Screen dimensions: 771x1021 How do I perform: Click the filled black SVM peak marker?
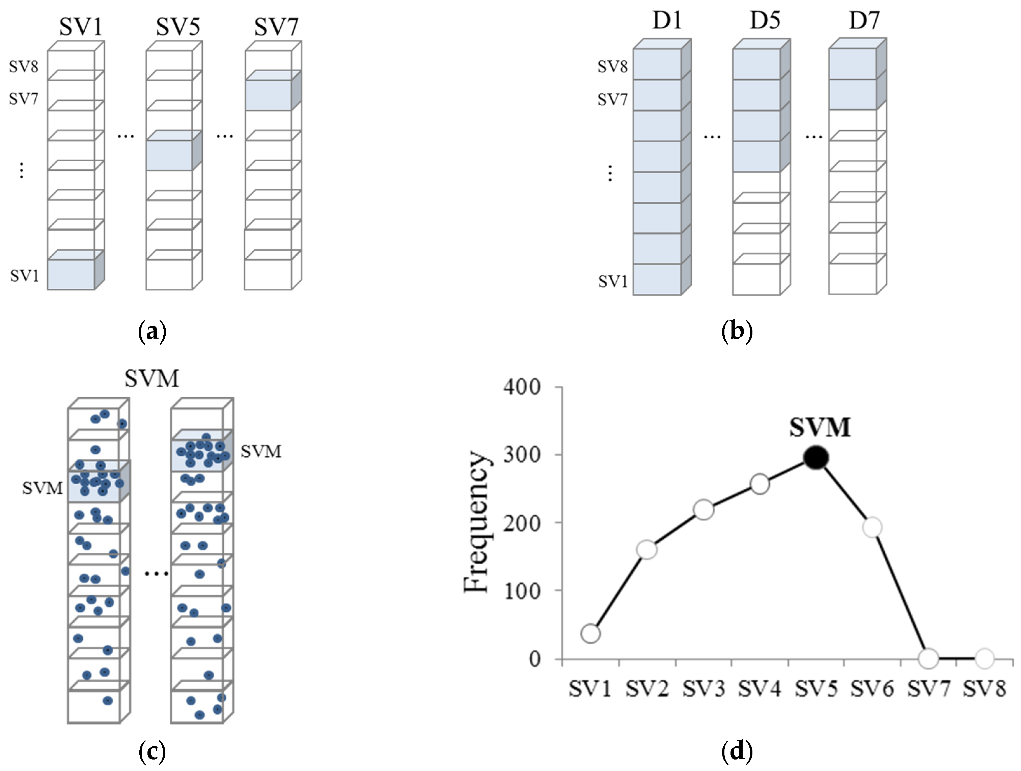pos(816,458)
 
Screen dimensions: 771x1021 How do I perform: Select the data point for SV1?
pos(591,633)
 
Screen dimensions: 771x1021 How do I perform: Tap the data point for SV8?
pos(984,658)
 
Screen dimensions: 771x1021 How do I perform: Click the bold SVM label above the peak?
pos(819,427)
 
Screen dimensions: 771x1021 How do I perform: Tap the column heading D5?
pos(765,20)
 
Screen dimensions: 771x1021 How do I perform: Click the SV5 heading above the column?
pos(178,26)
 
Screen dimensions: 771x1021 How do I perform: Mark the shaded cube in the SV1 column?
pos(72,274)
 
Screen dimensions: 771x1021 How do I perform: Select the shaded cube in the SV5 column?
pos(170,155)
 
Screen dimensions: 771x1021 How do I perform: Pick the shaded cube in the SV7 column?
pos(269,95)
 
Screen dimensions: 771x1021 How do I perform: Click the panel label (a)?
pos(152,331)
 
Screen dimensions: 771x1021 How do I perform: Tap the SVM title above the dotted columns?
pos(151,378)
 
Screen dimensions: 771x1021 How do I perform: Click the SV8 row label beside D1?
pos(612,66)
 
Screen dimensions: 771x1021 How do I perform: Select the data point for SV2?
pos(647,549)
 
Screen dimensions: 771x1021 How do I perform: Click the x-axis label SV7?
pos(929,689)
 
